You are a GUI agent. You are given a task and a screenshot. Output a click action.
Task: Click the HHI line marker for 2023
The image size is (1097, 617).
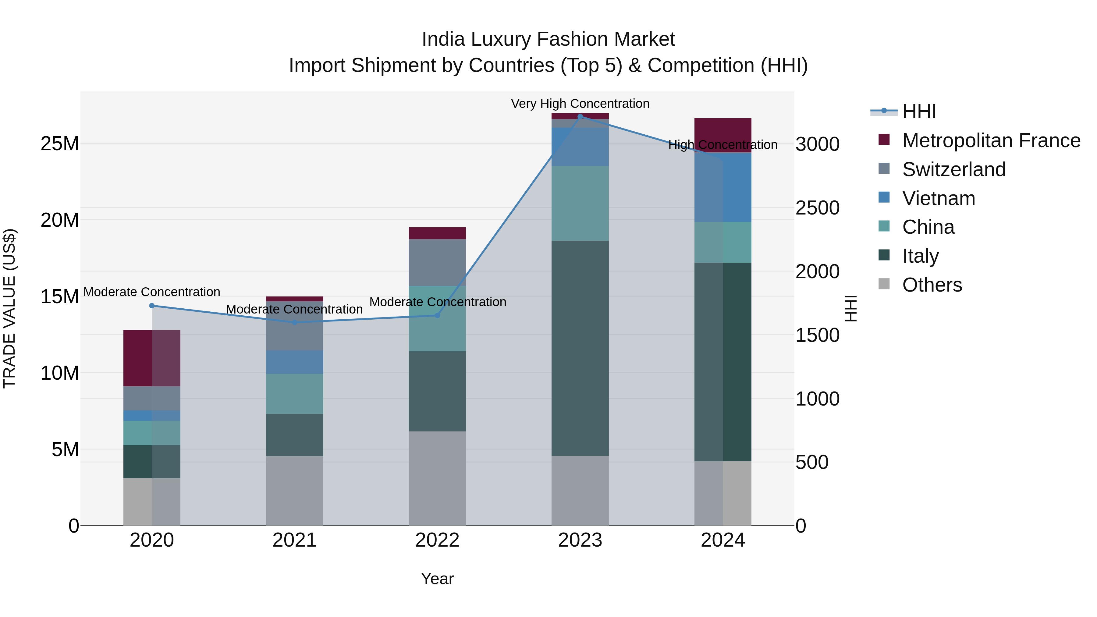click(x=580, y=116)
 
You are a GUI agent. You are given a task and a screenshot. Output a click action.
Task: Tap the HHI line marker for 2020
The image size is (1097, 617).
click(x=152, y=305)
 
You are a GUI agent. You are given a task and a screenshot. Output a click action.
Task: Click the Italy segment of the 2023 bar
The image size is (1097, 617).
click(x=580, y=348)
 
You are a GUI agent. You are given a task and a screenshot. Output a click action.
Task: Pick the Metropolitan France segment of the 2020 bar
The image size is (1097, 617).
click(x=152, y=358)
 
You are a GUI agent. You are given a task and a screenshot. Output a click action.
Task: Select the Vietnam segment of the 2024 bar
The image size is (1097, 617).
click(x=723, y=187)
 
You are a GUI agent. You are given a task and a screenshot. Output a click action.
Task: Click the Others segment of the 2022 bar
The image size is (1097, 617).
click(x=437, y=478)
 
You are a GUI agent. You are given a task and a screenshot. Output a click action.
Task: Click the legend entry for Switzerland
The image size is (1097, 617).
click(x=953, y=169)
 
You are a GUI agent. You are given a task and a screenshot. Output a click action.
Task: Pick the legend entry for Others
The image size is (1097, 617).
click(x=932, y=285)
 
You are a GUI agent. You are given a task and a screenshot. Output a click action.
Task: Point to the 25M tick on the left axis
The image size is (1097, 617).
click(x=60, y=144)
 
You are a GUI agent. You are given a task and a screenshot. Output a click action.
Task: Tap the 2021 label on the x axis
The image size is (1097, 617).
click(x=294, y=540)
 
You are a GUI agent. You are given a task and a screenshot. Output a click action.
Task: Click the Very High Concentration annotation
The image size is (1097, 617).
click(x=580, y=104)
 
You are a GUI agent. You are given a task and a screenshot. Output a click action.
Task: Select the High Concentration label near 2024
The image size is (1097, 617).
click(x=723, y=145)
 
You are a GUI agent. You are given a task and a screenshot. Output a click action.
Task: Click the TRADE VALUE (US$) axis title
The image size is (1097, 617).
click(x=9, y=308)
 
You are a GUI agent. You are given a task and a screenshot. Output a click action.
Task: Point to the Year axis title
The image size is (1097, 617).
click(x=437, y=579)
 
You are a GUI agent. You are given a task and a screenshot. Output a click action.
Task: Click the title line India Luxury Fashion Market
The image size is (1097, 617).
click(x=548, y=39)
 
